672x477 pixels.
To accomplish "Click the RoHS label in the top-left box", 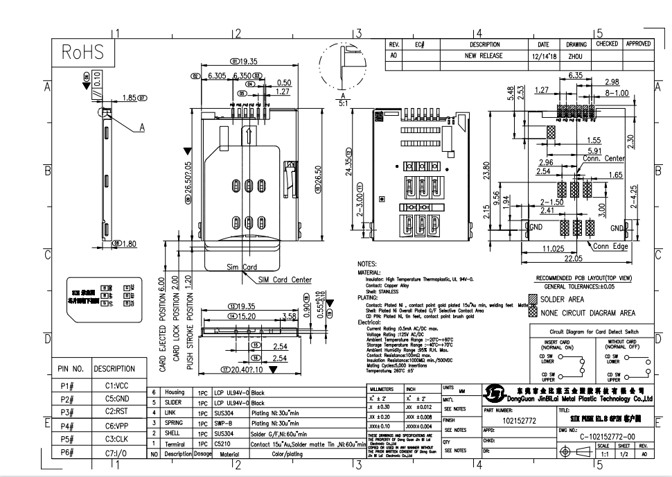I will [x=82, y=53].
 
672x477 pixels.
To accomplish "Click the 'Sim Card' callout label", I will [x=242, y=267].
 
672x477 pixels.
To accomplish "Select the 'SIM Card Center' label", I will [x=285, y=279].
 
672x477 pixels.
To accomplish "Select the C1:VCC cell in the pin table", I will [x=116, y=385].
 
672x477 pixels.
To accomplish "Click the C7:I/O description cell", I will [x=116, y=452].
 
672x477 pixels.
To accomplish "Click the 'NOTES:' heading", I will [x=366, y=264].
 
